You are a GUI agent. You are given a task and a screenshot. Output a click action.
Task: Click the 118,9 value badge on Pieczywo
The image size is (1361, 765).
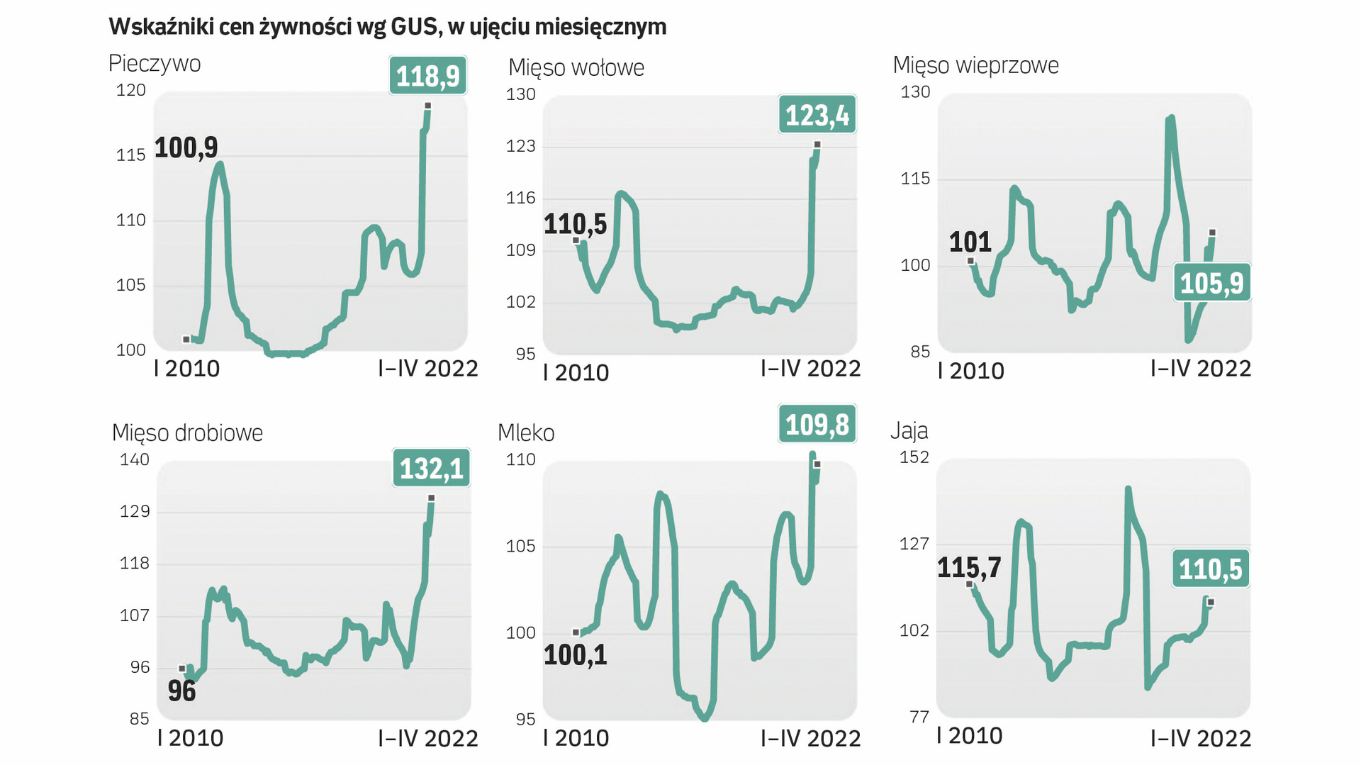pos(427,76)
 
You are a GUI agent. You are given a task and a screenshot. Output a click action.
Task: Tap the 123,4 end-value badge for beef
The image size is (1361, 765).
pos(817,115)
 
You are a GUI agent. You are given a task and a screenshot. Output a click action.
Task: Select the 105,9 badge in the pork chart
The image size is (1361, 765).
pos(1211,284)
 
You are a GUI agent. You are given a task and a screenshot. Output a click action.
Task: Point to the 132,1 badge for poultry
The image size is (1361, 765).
pos(431,469)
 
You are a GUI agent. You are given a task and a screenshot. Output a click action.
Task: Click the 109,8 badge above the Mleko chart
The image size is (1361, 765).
pos(817,425)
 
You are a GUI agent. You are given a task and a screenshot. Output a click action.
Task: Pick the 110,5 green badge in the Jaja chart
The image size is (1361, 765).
pos(1210,569)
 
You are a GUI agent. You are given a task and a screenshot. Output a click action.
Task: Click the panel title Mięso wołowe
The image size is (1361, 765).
pos(576,68)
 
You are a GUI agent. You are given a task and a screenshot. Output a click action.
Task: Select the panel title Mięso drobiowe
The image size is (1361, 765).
pos(187,432)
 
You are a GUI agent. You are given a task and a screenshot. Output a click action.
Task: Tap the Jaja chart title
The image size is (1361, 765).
pos(909,430)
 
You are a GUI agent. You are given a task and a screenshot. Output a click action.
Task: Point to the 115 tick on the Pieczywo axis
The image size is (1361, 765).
pos(131,155)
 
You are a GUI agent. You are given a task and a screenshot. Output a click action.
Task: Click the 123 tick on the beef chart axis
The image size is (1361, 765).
pos(520,146)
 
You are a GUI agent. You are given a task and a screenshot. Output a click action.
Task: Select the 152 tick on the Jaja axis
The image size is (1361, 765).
pos(914,457)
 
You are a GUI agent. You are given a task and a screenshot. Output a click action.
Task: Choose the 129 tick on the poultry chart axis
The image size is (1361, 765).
pos(135,511)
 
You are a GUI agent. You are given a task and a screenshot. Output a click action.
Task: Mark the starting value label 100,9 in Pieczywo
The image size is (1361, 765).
pos(186,148)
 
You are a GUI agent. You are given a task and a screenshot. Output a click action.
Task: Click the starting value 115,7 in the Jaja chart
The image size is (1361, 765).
pos(968,568)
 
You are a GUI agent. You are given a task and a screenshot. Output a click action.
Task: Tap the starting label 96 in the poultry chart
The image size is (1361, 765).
pos(181,691)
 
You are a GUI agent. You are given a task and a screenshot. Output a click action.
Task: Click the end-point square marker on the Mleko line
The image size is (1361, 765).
pos(817,464)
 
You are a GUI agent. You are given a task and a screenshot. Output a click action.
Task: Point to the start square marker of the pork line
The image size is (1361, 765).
pos(970,262)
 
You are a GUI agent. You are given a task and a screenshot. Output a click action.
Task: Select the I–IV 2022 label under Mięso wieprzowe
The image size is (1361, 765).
pos(1200,369)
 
